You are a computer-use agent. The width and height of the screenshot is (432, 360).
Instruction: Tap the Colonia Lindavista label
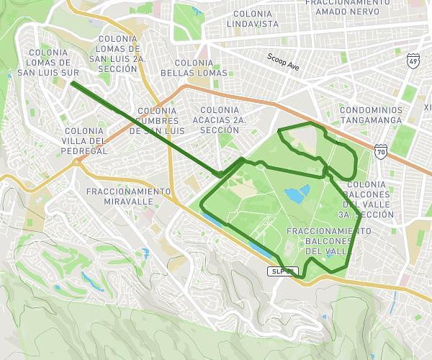pyautogui.click(x=252, y=19)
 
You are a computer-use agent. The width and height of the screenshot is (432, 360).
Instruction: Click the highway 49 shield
pyautogui.click(x=413, y=61)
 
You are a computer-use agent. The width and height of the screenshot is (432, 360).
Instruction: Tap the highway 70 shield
pyautogui.click(x=381, y=152)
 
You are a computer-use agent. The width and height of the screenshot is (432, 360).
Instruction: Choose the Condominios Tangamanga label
pyautogui.click(x=372, y=115)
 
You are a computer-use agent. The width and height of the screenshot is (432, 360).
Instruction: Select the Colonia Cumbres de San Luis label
pyautogui.click(x=156, y=121)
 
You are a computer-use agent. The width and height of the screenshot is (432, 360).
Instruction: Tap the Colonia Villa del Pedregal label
pyautogui.click(x=85, y=140)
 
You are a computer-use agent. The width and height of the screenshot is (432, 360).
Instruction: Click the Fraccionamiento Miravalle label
pyautogui.click(x=128, y=197)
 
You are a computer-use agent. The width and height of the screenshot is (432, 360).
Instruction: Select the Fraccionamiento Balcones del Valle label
pyautogui.click(x=329, y=240)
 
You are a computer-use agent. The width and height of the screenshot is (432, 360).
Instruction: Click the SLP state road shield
pyautogui.click(x=282, y=271)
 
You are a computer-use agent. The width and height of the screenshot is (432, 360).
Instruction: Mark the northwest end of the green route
pyautogui.click(x=73, y=84)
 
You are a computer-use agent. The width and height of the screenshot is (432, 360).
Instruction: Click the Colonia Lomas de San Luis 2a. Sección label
pyautogui.click(x=117, y=53)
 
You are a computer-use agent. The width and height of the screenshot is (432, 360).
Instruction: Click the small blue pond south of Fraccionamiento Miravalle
pyautogui.click(x=146, y=253)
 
